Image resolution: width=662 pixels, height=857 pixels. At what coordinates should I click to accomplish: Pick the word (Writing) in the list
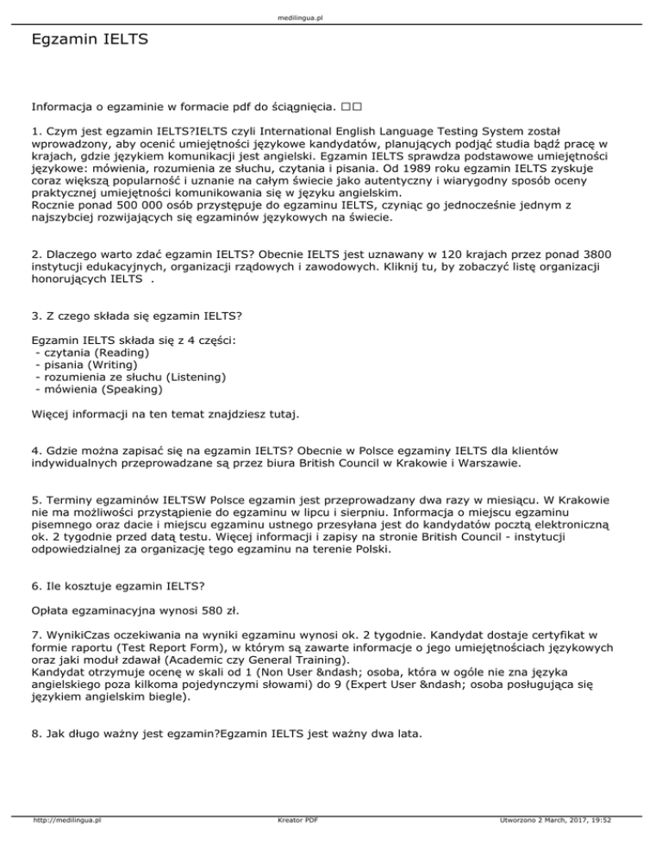(116, 365)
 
